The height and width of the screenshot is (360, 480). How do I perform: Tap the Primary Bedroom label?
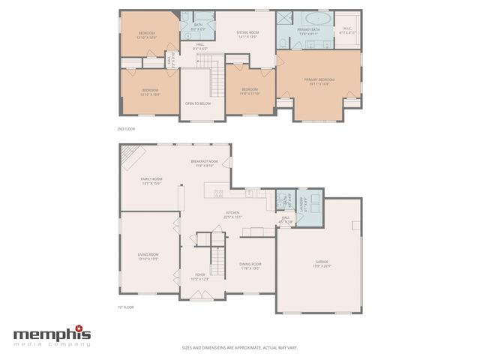(x=319, y=81)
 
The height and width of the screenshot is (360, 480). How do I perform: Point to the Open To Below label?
(x=196, y=103)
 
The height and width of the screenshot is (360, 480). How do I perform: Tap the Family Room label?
(x=151, y=181)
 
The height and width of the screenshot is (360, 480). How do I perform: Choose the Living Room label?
(x=148, y=256)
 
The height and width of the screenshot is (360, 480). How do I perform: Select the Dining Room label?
(x=250, y=266)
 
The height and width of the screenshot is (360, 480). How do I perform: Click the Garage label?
(x=322, y=263)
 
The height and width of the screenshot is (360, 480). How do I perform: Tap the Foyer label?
(x=200, y=277)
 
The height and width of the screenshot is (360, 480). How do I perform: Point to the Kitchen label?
(x=233, y=214)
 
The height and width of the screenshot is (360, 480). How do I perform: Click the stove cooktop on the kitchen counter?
(x=219, y=193)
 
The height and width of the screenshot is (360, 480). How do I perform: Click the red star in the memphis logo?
(x=88, y=328)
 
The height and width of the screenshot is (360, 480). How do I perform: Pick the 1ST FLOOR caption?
(x=126, y=308)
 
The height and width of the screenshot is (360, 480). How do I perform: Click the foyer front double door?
(x=200, y=296)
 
